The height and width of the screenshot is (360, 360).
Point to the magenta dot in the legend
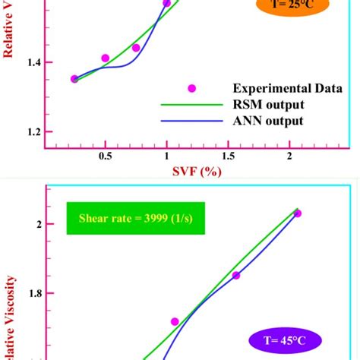pos(192,88)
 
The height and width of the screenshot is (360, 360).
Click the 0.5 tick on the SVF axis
pos(105,156)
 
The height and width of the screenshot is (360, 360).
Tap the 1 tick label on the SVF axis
pos(166,156)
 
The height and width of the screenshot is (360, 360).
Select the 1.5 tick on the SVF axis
pos(227,156)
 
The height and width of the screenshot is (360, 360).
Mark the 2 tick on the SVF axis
pos(289,156)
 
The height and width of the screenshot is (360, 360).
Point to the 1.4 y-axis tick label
pos(33,62)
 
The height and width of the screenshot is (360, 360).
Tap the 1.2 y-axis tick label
pos(33,132)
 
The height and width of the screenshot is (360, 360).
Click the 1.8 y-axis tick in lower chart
pos(33,293)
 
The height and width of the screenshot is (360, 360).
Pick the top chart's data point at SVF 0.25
pos(74,79)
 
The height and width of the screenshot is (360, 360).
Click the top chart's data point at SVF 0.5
pos(105,58)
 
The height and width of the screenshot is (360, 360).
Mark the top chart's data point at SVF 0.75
pos(136,48)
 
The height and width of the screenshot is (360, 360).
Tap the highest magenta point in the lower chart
pos(297,213)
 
